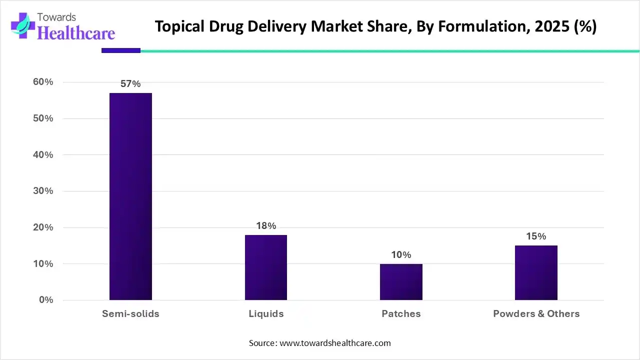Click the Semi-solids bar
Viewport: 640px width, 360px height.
[x=130, y=196]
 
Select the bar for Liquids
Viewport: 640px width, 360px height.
[x=265, y=267]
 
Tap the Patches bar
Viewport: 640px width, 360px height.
[x=401, y=282]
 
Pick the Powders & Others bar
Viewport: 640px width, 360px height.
[x=536, y=273]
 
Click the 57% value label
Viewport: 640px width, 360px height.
[x=130, y=84]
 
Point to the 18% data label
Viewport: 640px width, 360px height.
[x=266, y=226]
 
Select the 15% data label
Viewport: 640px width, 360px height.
[x=536, y=236]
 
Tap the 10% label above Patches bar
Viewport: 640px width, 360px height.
[x=401, y=255]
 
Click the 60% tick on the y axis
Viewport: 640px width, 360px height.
[x=43, y=82]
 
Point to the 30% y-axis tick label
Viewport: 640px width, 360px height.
[x=43, y=191]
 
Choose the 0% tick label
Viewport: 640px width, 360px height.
[x=45, y=300]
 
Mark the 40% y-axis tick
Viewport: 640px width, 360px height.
[x=43, y=155]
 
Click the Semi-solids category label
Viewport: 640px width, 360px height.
[x=130, y=314]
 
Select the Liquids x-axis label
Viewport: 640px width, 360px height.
[x=266, y=314]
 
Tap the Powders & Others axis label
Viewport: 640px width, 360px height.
[x=536, y=314]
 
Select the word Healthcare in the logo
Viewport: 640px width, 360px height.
[x=76, y=32]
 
